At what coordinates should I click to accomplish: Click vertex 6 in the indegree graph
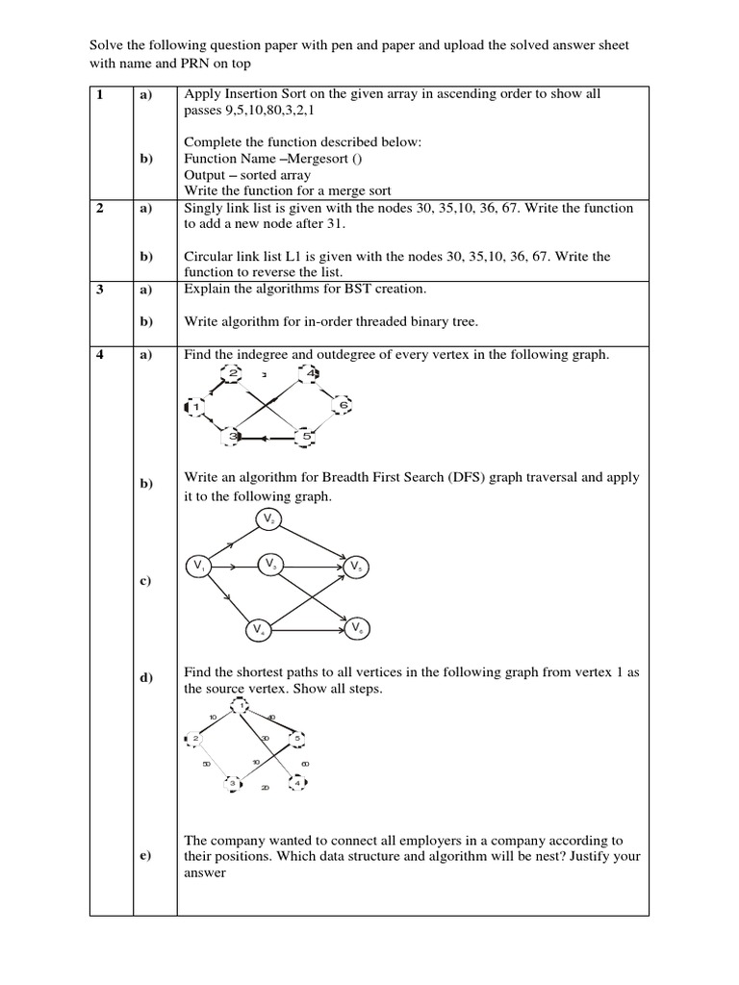click(343, 405)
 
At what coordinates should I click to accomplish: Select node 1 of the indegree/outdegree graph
click(194, 408)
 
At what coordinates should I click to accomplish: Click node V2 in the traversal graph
click(268, 519)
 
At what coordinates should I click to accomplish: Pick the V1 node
click(198, 566)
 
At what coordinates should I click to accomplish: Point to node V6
click(357, 628)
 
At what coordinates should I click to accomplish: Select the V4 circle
click(258, 630)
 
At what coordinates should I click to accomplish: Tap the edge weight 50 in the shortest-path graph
click(206, 765)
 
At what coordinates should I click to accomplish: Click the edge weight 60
click(306, 764)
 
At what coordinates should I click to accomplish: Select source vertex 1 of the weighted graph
click(239, 709)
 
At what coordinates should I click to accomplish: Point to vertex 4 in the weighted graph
click(298, 783)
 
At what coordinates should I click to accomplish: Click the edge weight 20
click(265, 788)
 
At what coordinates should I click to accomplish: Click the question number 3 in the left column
click(99, 289)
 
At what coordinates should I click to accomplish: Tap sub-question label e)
click(145, 857)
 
